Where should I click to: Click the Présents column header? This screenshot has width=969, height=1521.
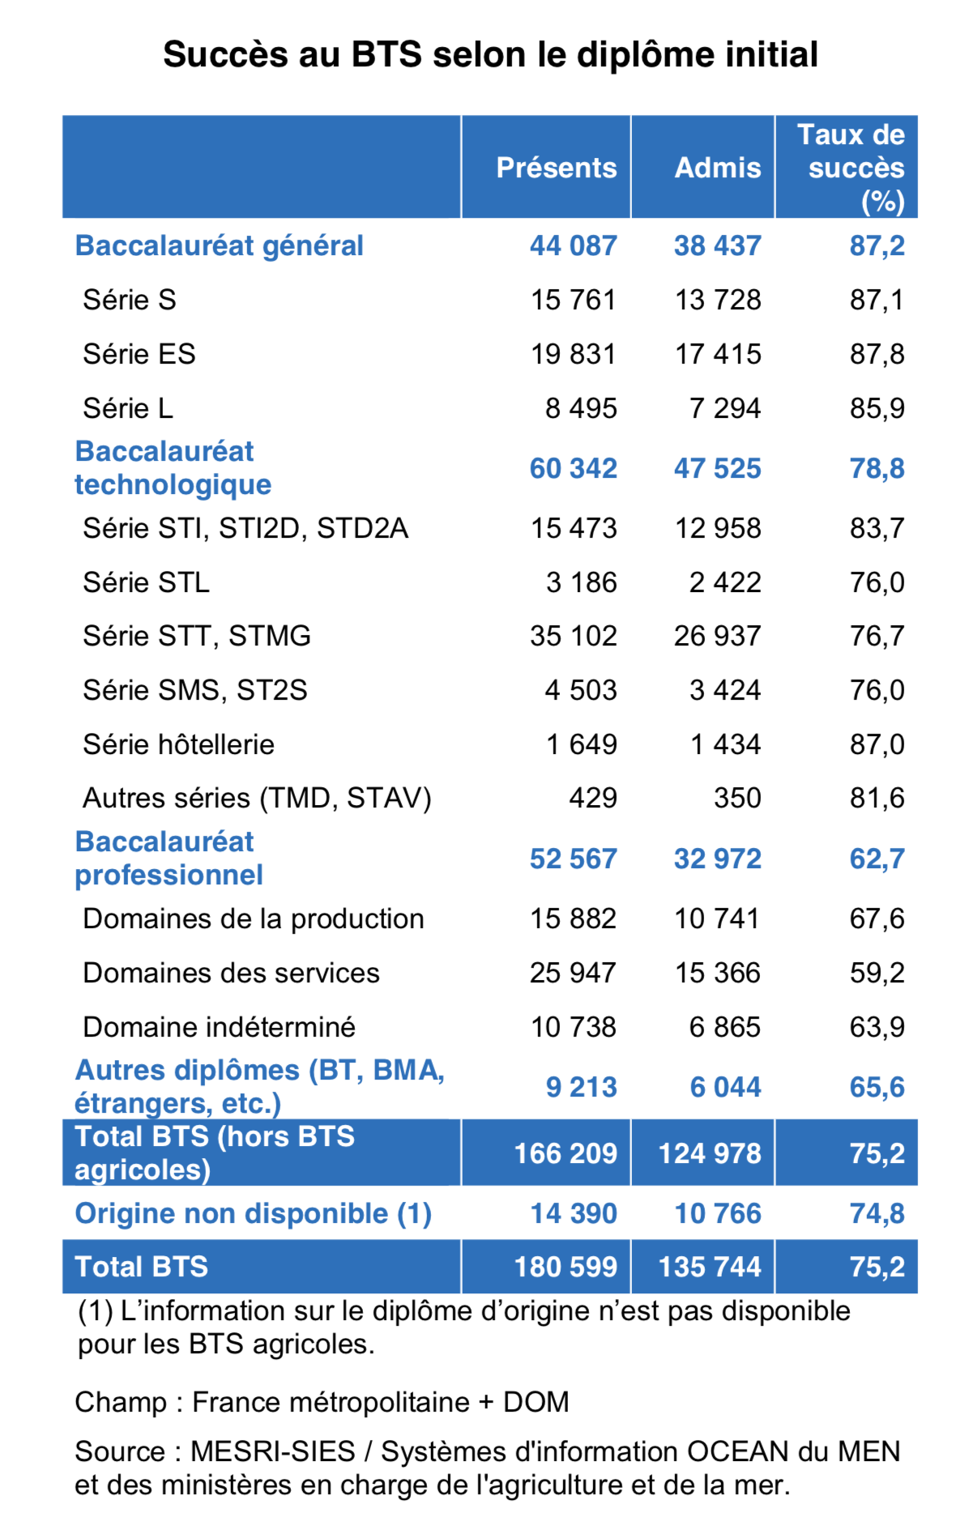point(556,168)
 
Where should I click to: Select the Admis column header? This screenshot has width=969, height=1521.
point(718,168)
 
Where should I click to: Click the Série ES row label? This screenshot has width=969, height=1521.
point(139,354)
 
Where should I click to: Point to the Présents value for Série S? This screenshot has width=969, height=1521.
point(573,300)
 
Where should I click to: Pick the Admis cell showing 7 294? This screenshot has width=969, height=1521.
point(724,408)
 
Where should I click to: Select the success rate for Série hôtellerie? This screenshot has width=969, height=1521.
point(877,744)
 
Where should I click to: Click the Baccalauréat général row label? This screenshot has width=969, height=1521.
point(219,245)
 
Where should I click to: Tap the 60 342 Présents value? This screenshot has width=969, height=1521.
point(573,468)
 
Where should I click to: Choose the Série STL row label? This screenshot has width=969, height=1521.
point(146,582)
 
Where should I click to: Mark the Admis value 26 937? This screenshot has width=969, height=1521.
point(717,636)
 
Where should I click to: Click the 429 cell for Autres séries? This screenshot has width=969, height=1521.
point(592,798)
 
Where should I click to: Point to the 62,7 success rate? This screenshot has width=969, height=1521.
point(877,858)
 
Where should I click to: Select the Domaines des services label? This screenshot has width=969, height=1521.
point(231,973)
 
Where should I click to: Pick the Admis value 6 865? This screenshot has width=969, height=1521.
point(724,1027)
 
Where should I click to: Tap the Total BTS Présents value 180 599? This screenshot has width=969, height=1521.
point(566,1267)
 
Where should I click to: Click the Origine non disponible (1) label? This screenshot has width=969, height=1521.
point(253,1213)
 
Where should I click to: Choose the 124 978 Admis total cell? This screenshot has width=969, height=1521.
point(710,1153)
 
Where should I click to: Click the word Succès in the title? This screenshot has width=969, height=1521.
point(224,55)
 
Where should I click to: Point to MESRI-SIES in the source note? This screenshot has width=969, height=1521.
point(272,1451)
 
